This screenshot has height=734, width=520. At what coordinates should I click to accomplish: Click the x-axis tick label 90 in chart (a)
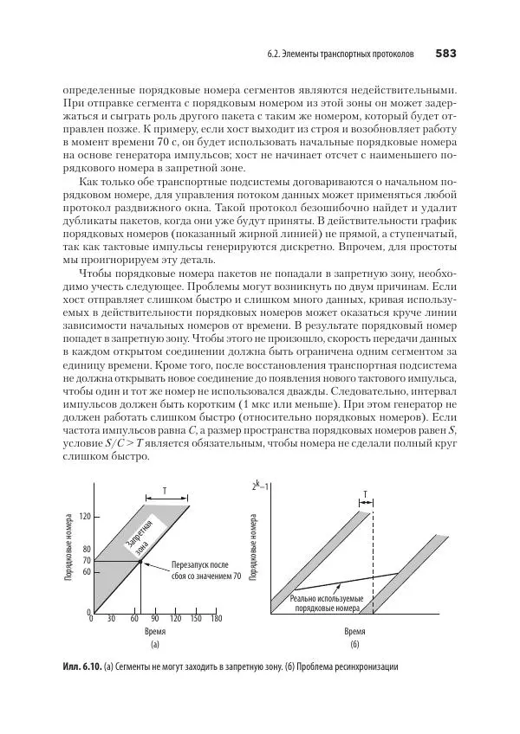pyautogui.click(x=154, y=619)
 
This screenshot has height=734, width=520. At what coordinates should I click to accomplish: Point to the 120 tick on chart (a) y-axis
pyautogui.click(x=85, y=517)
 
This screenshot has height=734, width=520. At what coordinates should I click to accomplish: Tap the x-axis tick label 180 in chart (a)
pyautogui.click(x=216, y=619)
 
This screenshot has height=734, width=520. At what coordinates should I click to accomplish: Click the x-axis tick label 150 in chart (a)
pyautogui.click(x=195, y=619)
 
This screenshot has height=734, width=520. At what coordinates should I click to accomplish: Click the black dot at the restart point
pyautogui.click(x=140, y=562)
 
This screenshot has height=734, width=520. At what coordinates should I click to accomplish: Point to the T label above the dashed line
pyautogui.click(x=365, y=493)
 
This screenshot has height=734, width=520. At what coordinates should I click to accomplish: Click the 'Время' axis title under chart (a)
pyautogui.click(x=154, y=633)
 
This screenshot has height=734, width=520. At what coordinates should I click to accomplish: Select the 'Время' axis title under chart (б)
pyautogui.click(x=354, y=633)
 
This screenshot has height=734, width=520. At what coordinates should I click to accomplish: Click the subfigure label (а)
pyautogui.click(x=154, y=646)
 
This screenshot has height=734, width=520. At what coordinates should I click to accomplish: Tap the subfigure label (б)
pyautogui.click(x=354, y=646)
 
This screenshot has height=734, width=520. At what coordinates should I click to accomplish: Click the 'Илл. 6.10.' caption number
pyautogui.click(x=82, y=668)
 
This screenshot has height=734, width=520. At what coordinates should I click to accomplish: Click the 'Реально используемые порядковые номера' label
pyautogui.click(x=326, y=602)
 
